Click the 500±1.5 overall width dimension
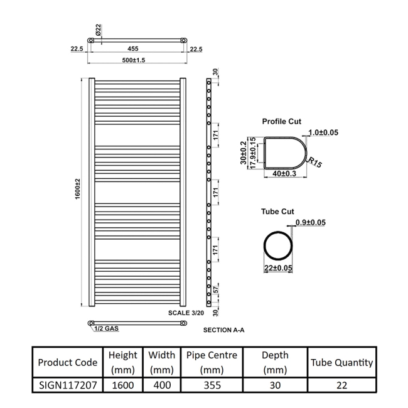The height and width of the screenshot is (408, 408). coord(134,60)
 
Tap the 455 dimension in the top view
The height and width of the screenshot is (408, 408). coord(132,49)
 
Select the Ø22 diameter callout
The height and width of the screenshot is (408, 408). coord(98,30)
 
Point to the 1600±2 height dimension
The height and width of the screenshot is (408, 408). coord(78,189)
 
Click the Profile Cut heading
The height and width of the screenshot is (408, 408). coord(282,122)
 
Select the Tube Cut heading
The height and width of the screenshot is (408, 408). coord(277,212)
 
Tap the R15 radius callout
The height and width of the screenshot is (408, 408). coord(315,163)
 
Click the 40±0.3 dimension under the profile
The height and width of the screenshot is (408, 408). coord(284,173)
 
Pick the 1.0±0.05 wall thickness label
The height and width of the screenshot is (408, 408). coord(323,132)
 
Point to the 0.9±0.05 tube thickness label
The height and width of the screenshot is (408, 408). coord(311,222)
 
